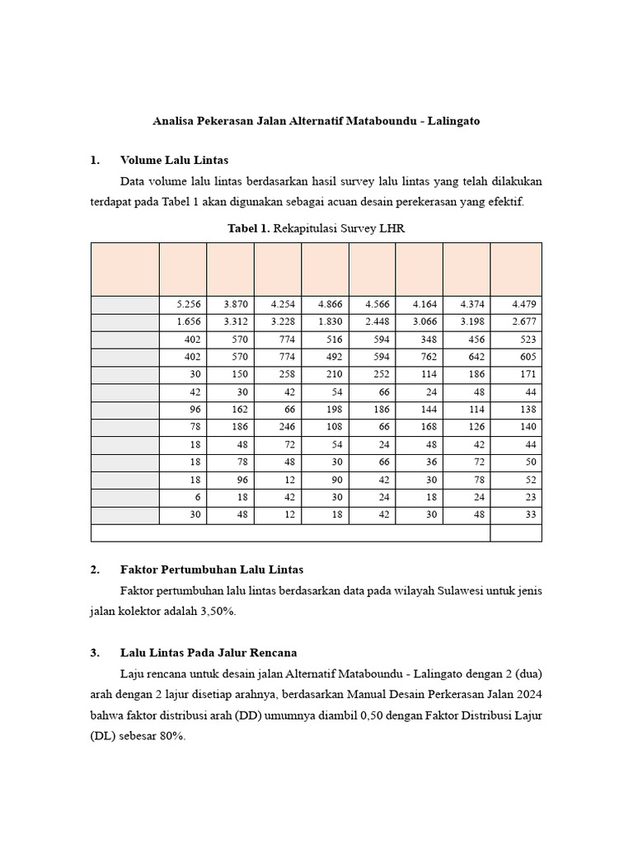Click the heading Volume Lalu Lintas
pyautogui.click(x=174, y=160)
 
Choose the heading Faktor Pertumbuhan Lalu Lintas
pyautogui.click(x=212, y=570)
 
